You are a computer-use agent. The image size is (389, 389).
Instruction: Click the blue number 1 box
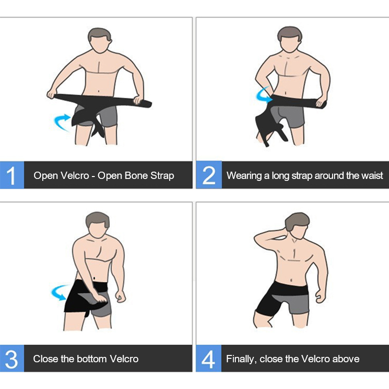pyautogui.click(x=12, y=175)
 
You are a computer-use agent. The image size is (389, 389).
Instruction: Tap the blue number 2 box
pyautogui.click(x=209, y=175)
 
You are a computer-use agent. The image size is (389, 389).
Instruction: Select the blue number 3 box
pyautogui.click(x=12, y=358)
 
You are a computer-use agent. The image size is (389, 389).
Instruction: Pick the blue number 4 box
pyautogui.click(x=209, y=358)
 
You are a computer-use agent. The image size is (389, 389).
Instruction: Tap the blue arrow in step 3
pyautogui.click(x=59, y=293)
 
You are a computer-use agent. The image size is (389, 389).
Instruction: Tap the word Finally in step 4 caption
pyautogui.click(x=241, y=359)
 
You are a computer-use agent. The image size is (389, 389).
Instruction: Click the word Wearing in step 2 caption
pyautogui.click(x=244, y=176)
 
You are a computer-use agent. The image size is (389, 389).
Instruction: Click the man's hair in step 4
pyautogui.click(x=297, y=220)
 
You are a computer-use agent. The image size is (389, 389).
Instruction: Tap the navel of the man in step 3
pyautogui.click(x=94, y=278)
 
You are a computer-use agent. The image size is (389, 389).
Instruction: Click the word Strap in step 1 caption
pyautogui.click(x=162, y=176)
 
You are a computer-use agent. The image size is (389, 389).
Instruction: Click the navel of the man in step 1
pyautogui.click(x=99, y=91)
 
